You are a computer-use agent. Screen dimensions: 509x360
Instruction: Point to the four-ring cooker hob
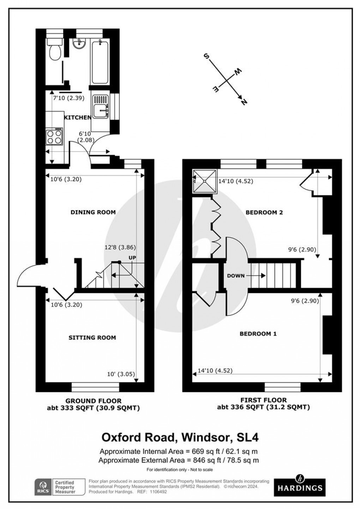point(54,137)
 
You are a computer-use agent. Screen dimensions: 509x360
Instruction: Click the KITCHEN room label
point(77,117)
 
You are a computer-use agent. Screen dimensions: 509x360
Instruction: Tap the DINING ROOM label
point(93,212)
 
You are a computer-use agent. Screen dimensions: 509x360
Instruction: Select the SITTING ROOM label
point(92,338)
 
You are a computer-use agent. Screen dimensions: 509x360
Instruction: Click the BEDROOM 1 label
point(258,334)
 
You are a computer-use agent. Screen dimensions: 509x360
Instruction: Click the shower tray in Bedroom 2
point(204,180)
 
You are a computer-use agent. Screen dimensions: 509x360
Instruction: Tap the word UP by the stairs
point(132,258)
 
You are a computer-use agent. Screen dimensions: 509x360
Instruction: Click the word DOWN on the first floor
point(236,276)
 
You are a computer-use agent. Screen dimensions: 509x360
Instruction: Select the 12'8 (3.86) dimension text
point(123,248)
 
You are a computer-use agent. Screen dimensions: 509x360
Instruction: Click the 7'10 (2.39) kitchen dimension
point(68,98)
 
